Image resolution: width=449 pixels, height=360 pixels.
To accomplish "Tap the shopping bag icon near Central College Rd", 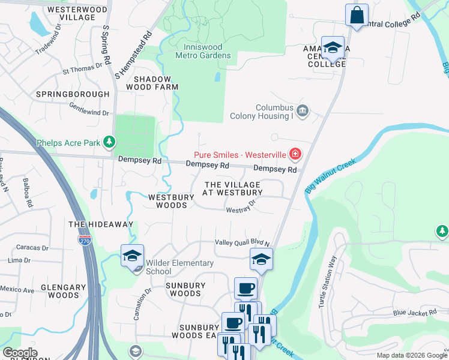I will click(x=357, y=16).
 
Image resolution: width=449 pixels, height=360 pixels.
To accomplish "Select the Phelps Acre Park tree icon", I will click(x=109, y=142).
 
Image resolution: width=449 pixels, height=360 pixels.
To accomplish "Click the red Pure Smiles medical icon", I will click(x=295, y=155).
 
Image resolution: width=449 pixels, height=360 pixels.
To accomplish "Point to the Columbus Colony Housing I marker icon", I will click(x=303, y=111).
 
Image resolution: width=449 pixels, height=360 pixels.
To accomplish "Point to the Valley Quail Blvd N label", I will click(x=243, y=242).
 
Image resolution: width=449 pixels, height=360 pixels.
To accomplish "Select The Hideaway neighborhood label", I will click(x=101, y=224).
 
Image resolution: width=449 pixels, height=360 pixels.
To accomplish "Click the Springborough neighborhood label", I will click(x=73, y=94).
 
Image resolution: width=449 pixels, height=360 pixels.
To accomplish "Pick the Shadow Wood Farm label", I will click(x=156, y=83).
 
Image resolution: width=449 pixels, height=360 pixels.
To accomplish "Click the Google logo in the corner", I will click(x=20, y=353).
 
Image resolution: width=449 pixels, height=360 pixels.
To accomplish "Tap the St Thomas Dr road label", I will click(x=83, y=70).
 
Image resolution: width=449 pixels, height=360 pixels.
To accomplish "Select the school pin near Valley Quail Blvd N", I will click(x=261, y=260).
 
